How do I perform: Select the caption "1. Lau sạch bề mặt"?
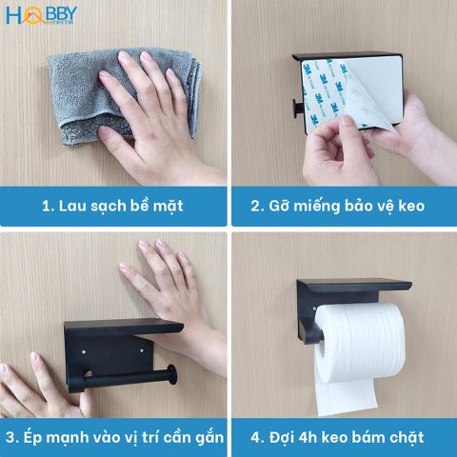(112, 205)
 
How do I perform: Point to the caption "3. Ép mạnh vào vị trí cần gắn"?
(112, 438)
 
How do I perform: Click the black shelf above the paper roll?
(352, 286)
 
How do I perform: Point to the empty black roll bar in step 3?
(133, 375)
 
